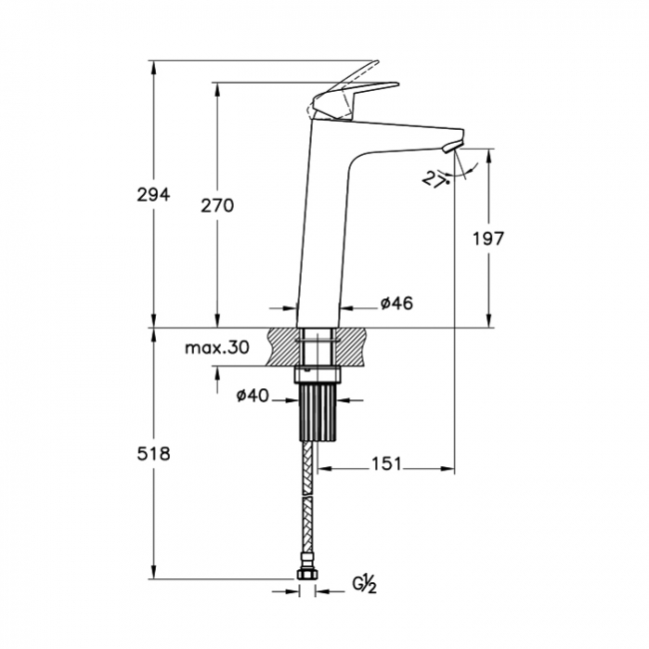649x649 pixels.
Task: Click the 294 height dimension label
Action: [x=154, y=196]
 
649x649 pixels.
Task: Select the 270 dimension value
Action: [x=217, y=206]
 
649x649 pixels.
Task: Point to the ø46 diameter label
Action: [x=396, y=303]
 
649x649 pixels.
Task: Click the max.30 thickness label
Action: [x=217, y=348]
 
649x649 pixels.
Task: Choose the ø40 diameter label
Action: [x=254, y=396]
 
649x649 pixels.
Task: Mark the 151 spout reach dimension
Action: [x=385, y=463]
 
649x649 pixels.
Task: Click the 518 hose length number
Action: [x=154, y=454]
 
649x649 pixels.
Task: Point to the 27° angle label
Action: [x=433, y=180]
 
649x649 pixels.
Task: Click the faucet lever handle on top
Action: [x=349, y=92]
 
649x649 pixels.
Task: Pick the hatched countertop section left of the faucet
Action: [x=282, y=346]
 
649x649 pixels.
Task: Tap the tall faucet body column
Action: [x=323, y=230]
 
